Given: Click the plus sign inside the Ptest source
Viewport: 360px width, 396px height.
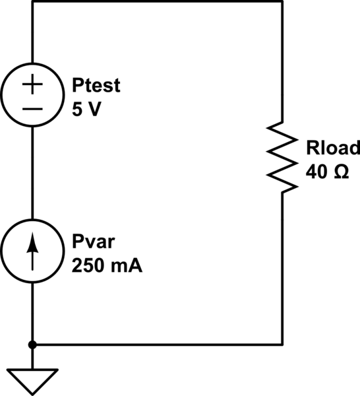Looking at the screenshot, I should pos(32,85).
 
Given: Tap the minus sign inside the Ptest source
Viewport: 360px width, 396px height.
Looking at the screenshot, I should pos(32,108).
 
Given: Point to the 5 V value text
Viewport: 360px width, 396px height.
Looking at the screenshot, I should pos(86,110).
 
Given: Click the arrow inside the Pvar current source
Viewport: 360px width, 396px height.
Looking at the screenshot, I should pos(32,252).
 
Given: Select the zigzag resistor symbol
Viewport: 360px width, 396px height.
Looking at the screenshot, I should pos(282,157).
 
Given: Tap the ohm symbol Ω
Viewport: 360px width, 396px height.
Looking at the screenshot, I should pos(340,171).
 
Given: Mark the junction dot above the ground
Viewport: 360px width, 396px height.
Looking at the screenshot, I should pos(32,344).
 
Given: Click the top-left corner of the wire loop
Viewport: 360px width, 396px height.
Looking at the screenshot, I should pos(32,2).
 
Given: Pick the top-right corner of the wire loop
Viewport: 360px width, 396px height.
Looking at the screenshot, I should pos(282,2).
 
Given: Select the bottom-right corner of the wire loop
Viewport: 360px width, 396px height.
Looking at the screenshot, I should pos(282,344).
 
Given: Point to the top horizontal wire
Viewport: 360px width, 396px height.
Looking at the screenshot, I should pos(158,2).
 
